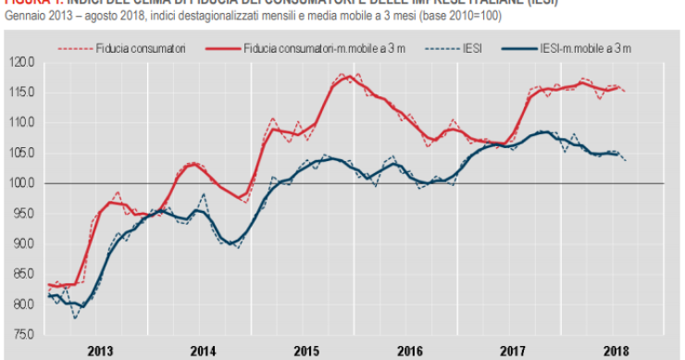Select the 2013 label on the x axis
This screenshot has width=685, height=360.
tap(100, 351)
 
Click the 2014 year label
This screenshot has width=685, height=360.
tap(204, 351)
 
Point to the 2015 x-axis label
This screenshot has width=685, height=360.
tap(307, 351)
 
